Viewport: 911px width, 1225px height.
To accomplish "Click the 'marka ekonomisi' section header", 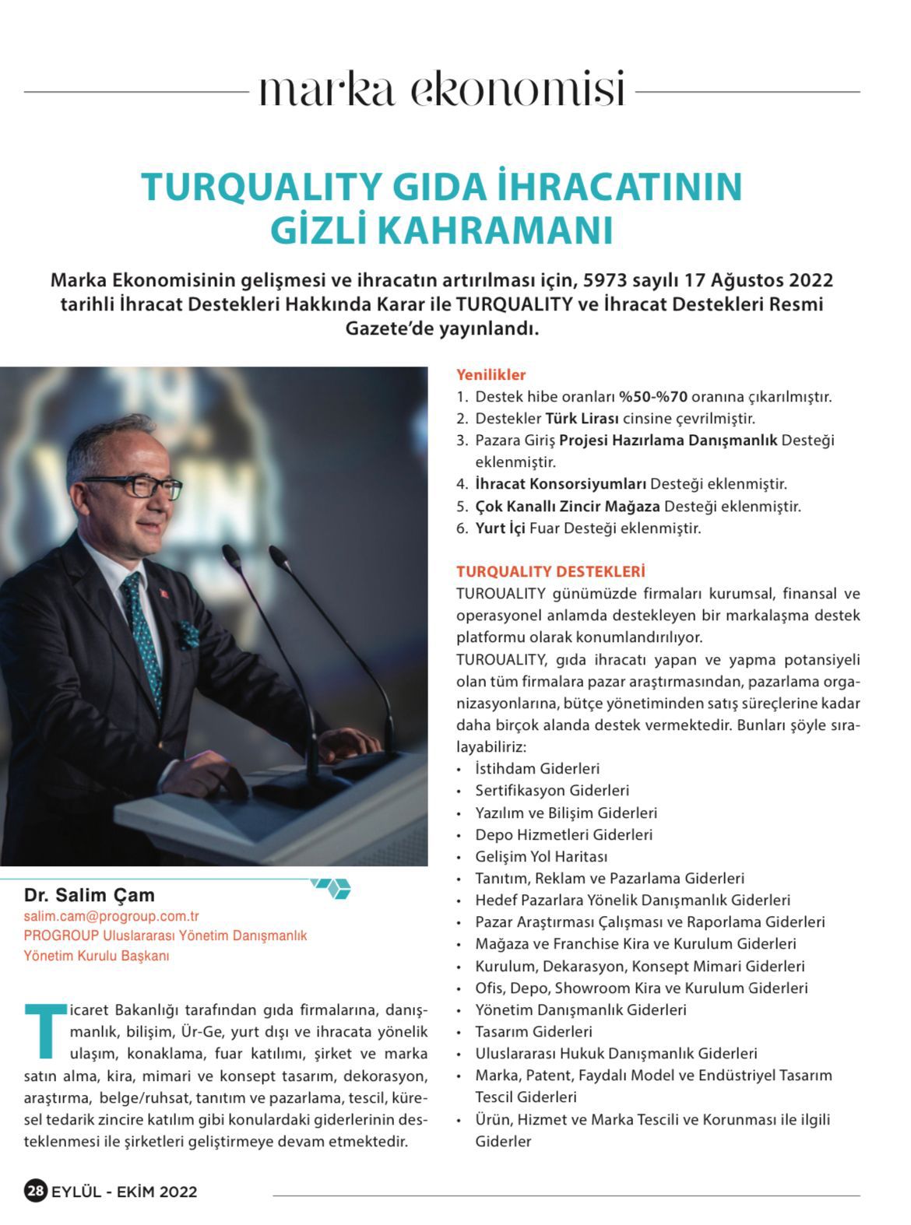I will pyautogui.click(x=441, y=90).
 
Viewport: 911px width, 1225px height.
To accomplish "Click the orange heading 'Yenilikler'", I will pyautogui.click(x=491, y=374).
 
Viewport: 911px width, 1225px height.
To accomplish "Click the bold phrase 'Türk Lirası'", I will pyautogui.click(x=582, y=418).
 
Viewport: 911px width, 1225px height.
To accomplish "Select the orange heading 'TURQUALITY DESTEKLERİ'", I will pyautogui.click(x=550, y=572).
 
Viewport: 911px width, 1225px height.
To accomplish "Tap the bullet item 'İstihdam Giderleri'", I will pyautogui.click(x=537, y=768).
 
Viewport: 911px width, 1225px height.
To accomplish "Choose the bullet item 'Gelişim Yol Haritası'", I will pyautogui.click(x=541, y=856).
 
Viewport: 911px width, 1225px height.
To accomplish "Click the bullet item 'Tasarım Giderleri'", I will pyautogui.click(x=534, y=1031).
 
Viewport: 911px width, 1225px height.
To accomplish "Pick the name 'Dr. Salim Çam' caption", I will pyautogui.click(x=90, y=895).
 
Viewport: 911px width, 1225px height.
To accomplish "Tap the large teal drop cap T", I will pyautogui.click(x=46, y=1030).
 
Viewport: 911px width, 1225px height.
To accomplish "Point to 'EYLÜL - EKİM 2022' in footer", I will pyautogui.click(x=125, y=1192).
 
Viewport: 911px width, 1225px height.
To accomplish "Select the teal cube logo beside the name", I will pyautogui.click(x=332, y=887).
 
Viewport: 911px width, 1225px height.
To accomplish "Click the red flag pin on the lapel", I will pyautogui.click(x=165, y=594).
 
